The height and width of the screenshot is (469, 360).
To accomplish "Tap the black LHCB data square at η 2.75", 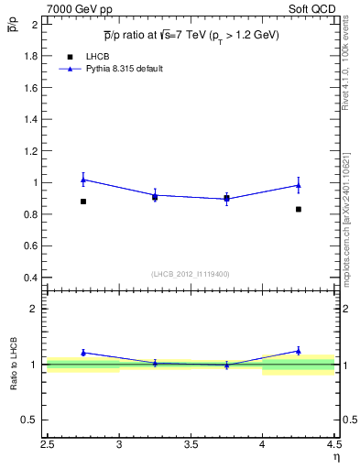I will pos(83,202).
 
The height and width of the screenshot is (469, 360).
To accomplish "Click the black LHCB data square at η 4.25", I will pos(299,210).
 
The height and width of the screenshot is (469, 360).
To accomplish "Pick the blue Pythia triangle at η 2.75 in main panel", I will pos(83,180).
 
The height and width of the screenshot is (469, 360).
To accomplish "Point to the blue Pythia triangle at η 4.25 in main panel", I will pos(299,185).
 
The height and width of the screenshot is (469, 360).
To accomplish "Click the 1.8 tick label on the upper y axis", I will pos(31,56).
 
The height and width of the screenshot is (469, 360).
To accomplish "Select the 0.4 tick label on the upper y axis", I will pos(31,278).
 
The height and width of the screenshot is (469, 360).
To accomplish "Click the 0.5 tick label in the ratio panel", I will pos(31,420).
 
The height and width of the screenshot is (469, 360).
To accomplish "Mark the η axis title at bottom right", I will pos(336,458).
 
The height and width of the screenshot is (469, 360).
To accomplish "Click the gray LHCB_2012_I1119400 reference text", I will pos(190,274).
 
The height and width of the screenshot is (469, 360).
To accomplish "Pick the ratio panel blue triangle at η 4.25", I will pos(299,351).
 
